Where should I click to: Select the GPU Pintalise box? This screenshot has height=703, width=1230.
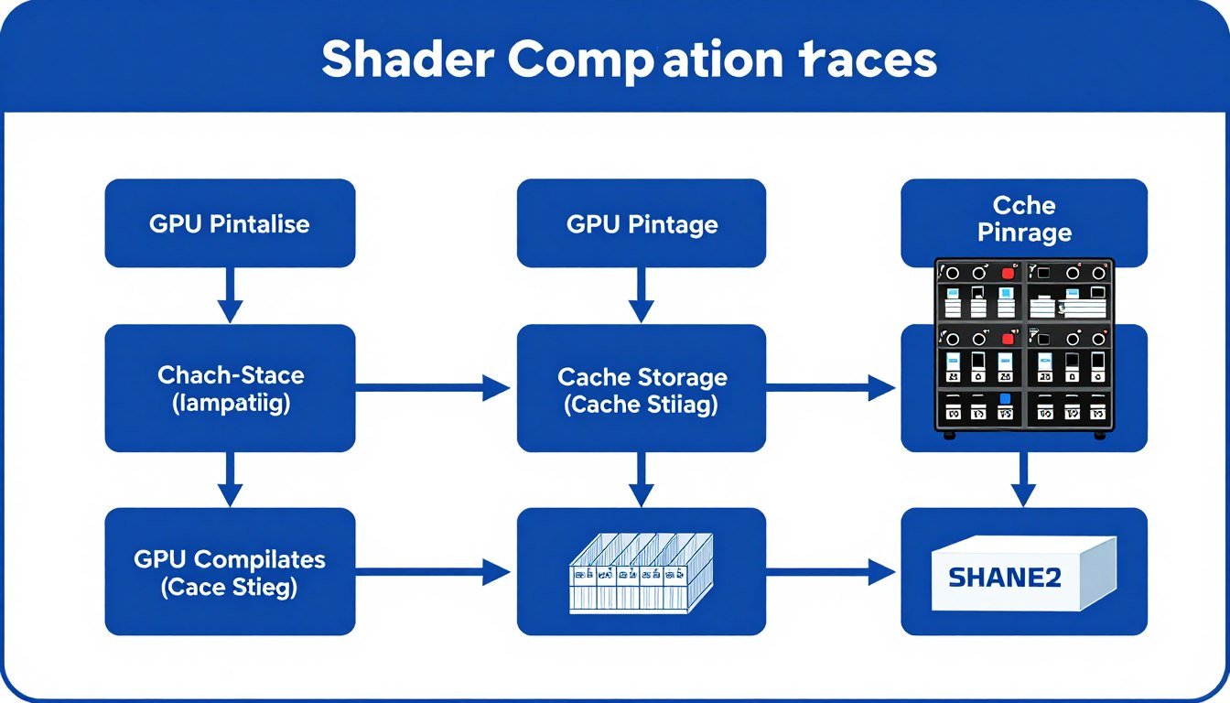click(x=230, y=223)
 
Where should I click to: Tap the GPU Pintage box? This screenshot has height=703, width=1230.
click(x=642, y=223)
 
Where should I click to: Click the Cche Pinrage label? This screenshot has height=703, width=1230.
click(x=1024, y=220)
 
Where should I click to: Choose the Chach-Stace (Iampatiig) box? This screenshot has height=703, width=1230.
click(x=230, y=388)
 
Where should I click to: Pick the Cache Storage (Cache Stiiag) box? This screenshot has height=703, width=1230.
click(x=642, y=389)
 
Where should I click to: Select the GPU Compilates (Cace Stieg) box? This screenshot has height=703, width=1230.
click(x=230, y=572)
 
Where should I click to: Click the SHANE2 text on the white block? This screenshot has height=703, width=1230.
click(x=1005, y=578)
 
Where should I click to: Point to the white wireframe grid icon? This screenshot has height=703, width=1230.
click(x=641, y=572)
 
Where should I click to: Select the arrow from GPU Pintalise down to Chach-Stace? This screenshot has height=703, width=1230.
click(x=230, y=296)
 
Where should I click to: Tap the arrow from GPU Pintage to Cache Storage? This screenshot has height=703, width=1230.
click(x=642, y=296)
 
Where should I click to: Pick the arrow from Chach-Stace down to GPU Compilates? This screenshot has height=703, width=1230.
click(x=230, y=479)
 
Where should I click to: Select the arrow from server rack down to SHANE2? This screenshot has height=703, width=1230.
click(x=1024, y=478)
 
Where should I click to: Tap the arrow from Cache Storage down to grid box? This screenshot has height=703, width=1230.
click(x=642, y=479)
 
